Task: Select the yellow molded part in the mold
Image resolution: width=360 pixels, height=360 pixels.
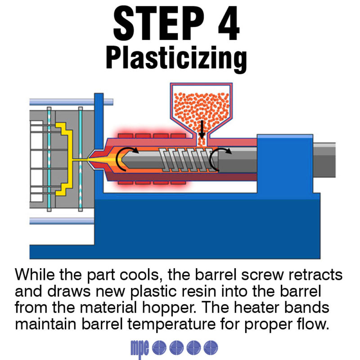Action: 63,157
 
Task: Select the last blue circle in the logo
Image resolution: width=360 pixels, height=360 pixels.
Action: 211,346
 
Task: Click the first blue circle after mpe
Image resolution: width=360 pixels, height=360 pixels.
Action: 159,346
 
